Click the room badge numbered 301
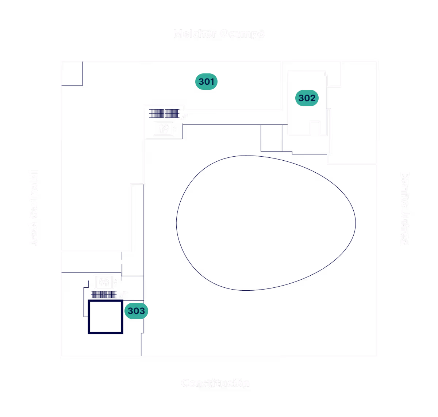[x=206, y=81]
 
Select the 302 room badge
[x=307, y=98]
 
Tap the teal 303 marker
[x=136, y=311]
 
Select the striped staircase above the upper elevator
[x=164, y=114]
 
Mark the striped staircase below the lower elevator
[x=103, y=295]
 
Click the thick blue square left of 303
[x=105, y=317]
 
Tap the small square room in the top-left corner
[x=72, y=73]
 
